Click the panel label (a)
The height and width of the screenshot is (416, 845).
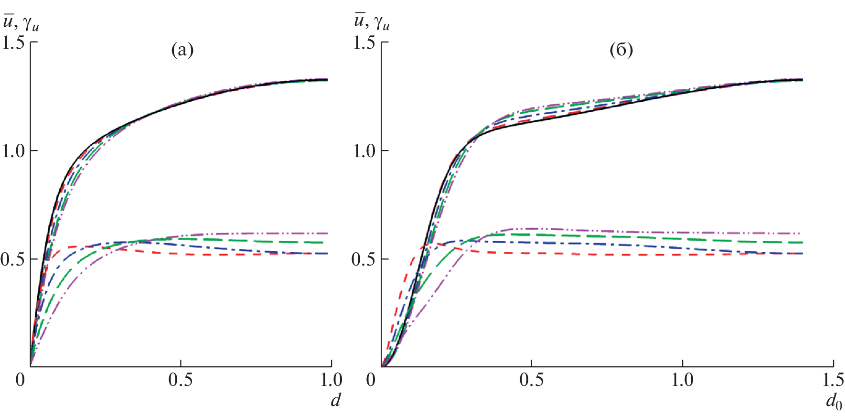182,50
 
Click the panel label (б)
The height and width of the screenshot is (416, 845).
621,50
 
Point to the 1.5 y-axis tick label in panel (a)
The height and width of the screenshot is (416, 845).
13,43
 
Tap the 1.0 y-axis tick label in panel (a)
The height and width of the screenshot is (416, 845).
13,151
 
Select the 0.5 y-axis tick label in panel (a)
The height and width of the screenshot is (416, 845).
13,259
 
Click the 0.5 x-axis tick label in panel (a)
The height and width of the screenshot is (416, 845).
181,380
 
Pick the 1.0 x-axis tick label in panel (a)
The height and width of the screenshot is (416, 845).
331,380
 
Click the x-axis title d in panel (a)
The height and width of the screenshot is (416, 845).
336,399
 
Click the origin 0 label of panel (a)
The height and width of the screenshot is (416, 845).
20,380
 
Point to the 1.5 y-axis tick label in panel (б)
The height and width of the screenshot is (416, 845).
364,43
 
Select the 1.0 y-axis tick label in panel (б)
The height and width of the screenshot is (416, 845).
364,151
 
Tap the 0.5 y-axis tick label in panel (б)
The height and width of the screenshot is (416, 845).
364,259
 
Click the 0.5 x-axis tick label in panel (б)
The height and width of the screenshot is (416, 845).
531,380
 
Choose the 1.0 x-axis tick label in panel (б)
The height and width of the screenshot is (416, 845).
682,380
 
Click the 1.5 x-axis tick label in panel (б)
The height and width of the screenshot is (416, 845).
833,380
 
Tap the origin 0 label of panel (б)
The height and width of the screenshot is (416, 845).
371,380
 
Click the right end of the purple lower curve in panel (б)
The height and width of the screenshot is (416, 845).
802,233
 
